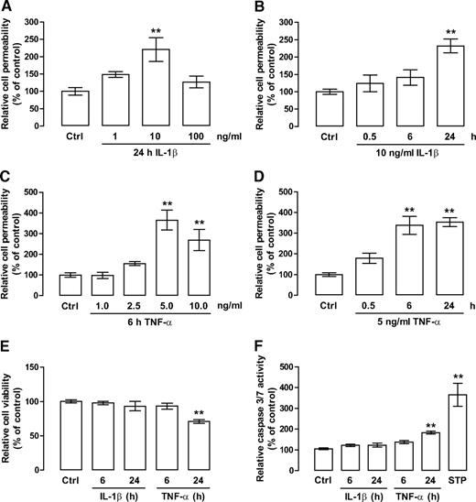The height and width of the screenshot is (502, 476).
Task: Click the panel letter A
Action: pyautogui.click(x=8, y=8)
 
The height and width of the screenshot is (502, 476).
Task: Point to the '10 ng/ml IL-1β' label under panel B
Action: pyautogui.click(x=362, y=157)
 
